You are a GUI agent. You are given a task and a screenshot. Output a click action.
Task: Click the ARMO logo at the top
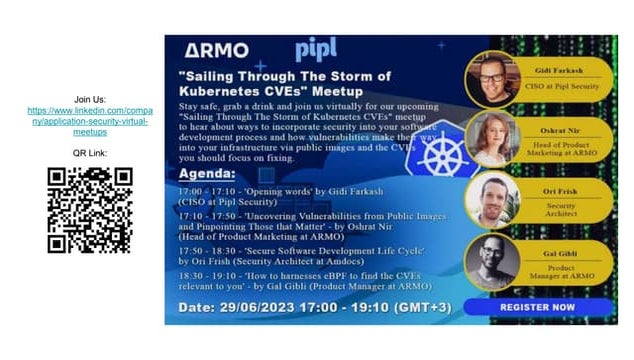pyautogui.click(x=217, y=50)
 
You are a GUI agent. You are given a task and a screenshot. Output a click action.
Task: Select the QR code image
pyautogui.click(x=90, y=210)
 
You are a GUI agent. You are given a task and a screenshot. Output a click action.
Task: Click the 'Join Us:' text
pyautogui.click(x=90, y=98)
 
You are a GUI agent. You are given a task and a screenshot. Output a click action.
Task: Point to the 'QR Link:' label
pyautogui.click(x=90, y=153)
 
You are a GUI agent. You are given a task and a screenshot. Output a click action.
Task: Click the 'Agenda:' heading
pyautogui.click(x=206, y=172)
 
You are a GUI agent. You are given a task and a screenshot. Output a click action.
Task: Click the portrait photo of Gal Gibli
pyautogui.click(x=492, y=262)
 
